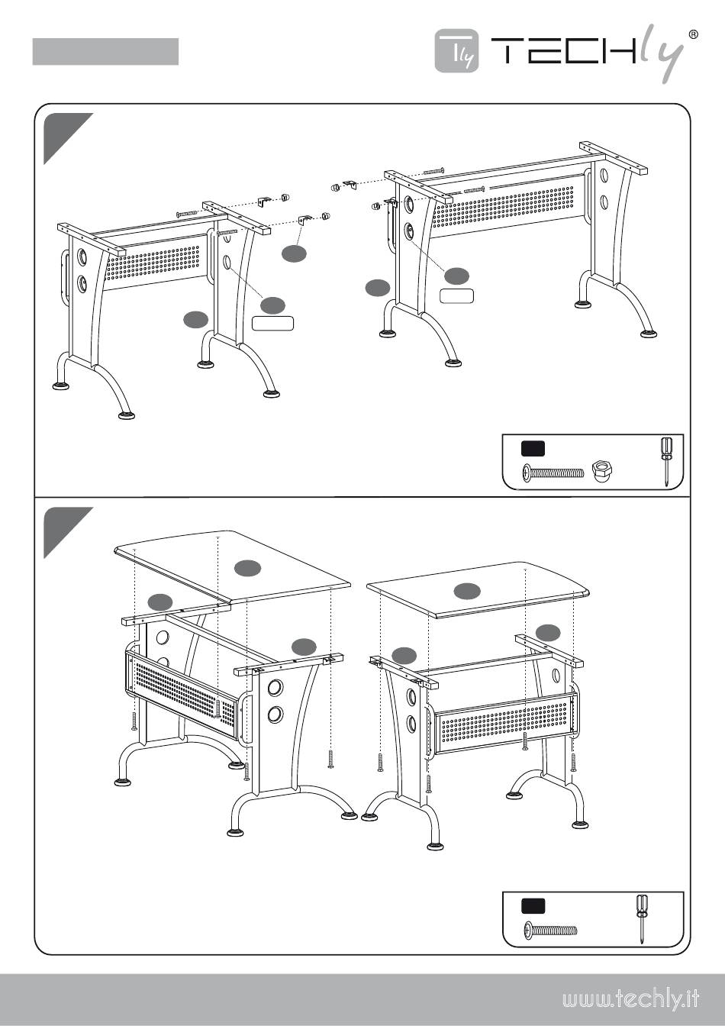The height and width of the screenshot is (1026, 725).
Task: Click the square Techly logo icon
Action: [456, 51]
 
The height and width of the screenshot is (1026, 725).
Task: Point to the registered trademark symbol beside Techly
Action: [693, 34]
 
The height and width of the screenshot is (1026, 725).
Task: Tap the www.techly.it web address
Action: [631, 999]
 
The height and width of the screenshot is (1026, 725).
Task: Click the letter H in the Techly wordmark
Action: [616, 50]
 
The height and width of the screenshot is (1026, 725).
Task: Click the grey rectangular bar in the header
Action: [105, 52]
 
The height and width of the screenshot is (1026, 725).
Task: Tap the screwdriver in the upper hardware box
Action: [665, 460]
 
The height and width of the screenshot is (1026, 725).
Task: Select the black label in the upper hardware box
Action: [533, 448]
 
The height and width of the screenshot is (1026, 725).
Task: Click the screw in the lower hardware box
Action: [550, 931]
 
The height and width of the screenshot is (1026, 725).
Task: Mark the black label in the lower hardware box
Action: [533, 906]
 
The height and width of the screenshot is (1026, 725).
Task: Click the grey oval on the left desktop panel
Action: [247, 567]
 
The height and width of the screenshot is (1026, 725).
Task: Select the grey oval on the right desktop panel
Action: [467, 589]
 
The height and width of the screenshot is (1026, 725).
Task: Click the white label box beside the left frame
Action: [272, 323]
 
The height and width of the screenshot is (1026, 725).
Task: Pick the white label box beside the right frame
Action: [456, 295]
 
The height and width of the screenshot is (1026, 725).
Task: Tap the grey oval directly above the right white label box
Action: [457, 275]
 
